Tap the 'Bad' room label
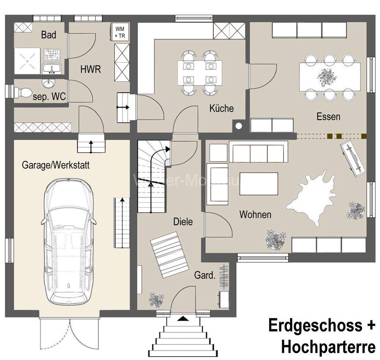[49, 35]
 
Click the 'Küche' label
[222, 108]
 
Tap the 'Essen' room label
[328, 117]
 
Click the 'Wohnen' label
[255, 215]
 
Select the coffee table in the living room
[259, 184]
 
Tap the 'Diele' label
[183, 222]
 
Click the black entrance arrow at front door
[183, 318]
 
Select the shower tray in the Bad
[27, 61]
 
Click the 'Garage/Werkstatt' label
[55, 165]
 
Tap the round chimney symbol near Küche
[239, 126]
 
